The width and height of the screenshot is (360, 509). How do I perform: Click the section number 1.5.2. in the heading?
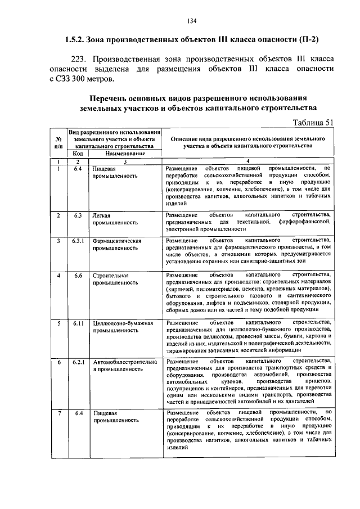(76, 40)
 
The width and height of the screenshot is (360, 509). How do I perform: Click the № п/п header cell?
(58, 142)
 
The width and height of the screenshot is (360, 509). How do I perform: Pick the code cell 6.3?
(78, 215)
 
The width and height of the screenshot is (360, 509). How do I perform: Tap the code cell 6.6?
(78, 276)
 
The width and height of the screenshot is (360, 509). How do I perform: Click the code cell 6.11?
(78, 324)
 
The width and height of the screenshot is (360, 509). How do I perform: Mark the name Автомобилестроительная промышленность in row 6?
(125, 366)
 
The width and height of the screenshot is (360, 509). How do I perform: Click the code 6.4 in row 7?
(78, 414)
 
